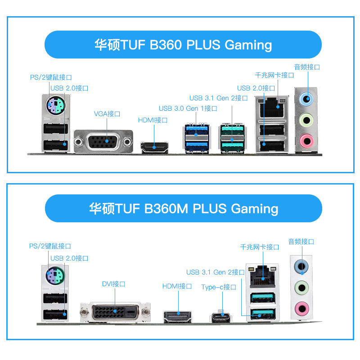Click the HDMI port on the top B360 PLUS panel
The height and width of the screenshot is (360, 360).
(x=154, y=147)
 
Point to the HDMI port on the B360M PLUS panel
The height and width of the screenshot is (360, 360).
(x=178, y=316)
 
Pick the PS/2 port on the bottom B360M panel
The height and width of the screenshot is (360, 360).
(x=56, y=275)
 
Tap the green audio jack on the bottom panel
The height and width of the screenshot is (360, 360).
(x=300, y=287)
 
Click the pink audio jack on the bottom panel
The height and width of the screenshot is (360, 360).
(x=300, y=308)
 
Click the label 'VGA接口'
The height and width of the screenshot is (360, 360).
(x=107, y=114)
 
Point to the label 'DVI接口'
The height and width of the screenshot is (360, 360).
(x=113, y=284)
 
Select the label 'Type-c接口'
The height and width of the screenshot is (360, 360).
(x=219, y=287)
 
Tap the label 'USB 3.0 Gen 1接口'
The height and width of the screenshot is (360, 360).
(x=188, y=108)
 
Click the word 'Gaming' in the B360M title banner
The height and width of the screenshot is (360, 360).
(x=254, y=209)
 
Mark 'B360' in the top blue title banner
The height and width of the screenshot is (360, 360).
(x=163, y=45)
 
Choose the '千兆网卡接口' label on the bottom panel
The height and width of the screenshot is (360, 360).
(x=260, y=247)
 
